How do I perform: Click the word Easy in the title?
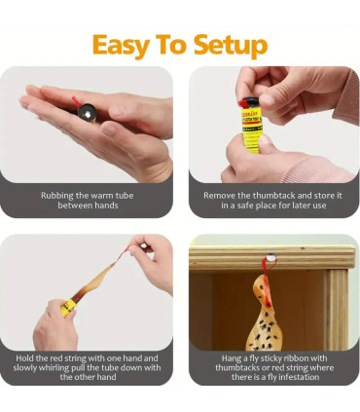point(121,45)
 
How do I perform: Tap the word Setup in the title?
point(231,45)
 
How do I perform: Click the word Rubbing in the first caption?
point(57,196)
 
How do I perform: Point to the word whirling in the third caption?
point(54,368)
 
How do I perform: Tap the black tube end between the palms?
point(86,111)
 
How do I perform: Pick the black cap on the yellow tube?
point(250,102)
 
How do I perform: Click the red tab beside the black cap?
point(241,103)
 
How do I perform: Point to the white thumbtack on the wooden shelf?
point(270,258)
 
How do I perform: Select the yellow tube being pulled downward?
point(68,307)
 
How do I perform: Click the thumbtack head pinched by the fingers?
point(143,246)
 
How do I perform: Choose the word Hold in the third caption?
point(24,358)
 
